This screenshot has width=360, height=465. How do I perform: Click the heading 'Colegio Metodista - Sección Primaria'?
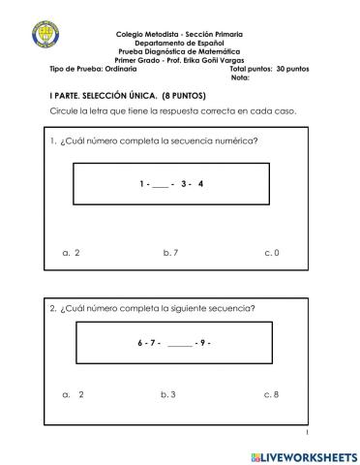click(x=179, y=34)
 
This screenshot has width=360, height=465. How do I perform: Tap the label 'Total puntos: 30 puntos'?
click(x=267, y=70)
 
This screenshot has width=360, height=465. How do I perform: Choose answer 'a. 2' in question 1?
click(x=70, y=253)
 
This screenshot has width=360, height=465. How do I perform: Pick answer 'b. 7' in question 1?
click(x=170, y=253)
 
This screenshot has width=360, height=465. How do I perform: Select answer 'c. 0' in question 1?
click(x=272, y=253)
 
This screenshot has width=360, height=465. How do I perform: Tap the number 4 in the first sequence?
click(x=200, y=183)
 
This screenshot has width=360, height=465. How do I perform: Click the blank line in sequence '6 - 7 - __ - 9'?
click(x=180, y=344)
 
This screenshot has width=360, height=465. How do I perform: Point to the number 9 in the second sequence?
click(x=200, y=343)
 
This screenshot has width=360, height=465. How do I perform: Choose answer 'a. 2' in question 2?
click(x=73, y=394)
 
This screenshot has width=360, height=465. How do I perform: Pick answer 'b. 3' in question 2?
click(x=168, y=394)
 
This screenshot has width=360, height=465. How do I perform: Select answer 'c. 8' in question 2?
click(x=271, y=394)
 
